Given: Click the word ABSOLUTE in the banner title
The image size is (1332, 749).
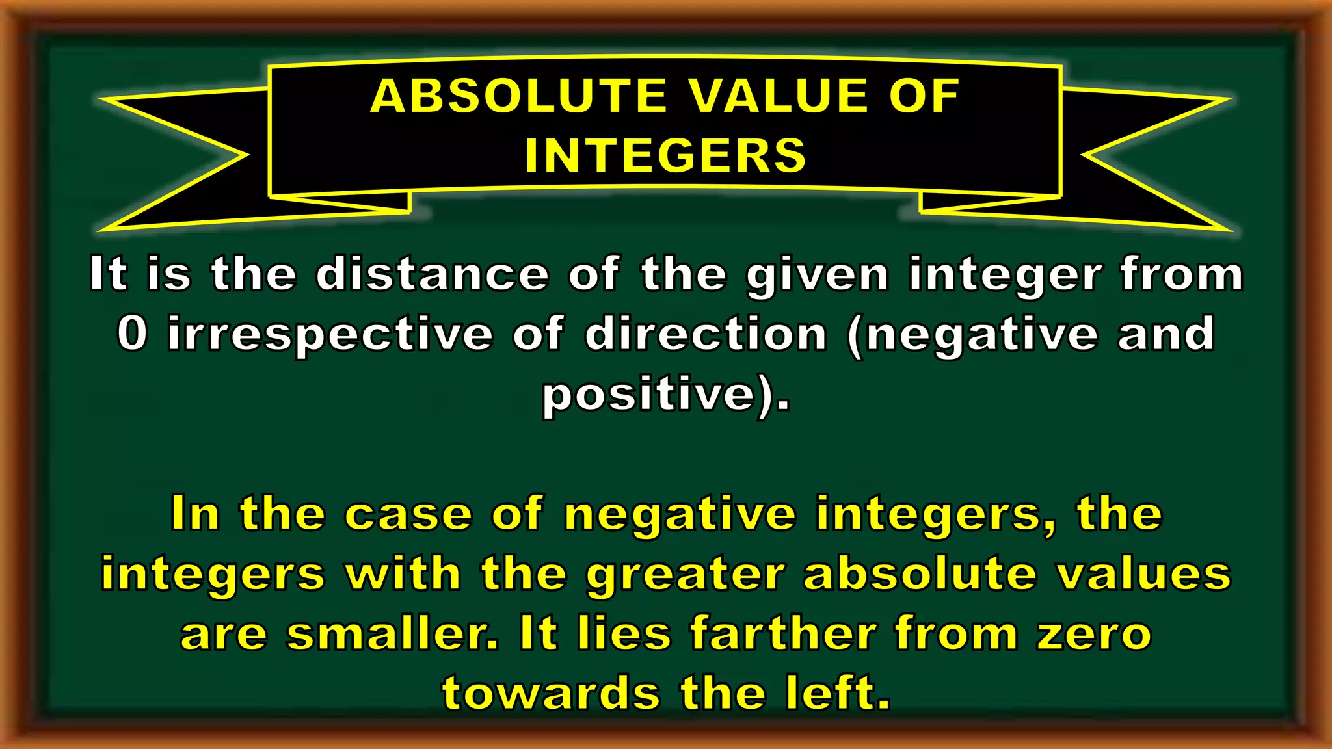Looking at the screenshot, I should point(518,96).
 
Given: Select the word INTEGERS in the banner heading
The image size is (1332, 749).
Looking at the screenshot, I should point(665,155).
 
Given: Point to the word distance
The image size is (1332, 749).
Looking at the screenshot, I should point(433,274).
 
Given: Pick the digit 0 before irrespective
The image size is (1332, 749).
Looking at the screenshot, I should point(132,334).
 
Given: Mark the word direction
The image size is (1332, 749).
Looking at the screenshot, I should point(706,334).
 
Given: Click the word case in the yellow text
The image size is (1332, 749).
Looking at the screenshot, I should point(408,514).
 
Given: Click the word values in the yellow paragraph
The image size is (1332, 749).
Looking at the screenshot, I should point(1144,574).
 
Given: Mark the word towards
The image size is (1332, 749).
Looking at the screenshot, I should point(551,693).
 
